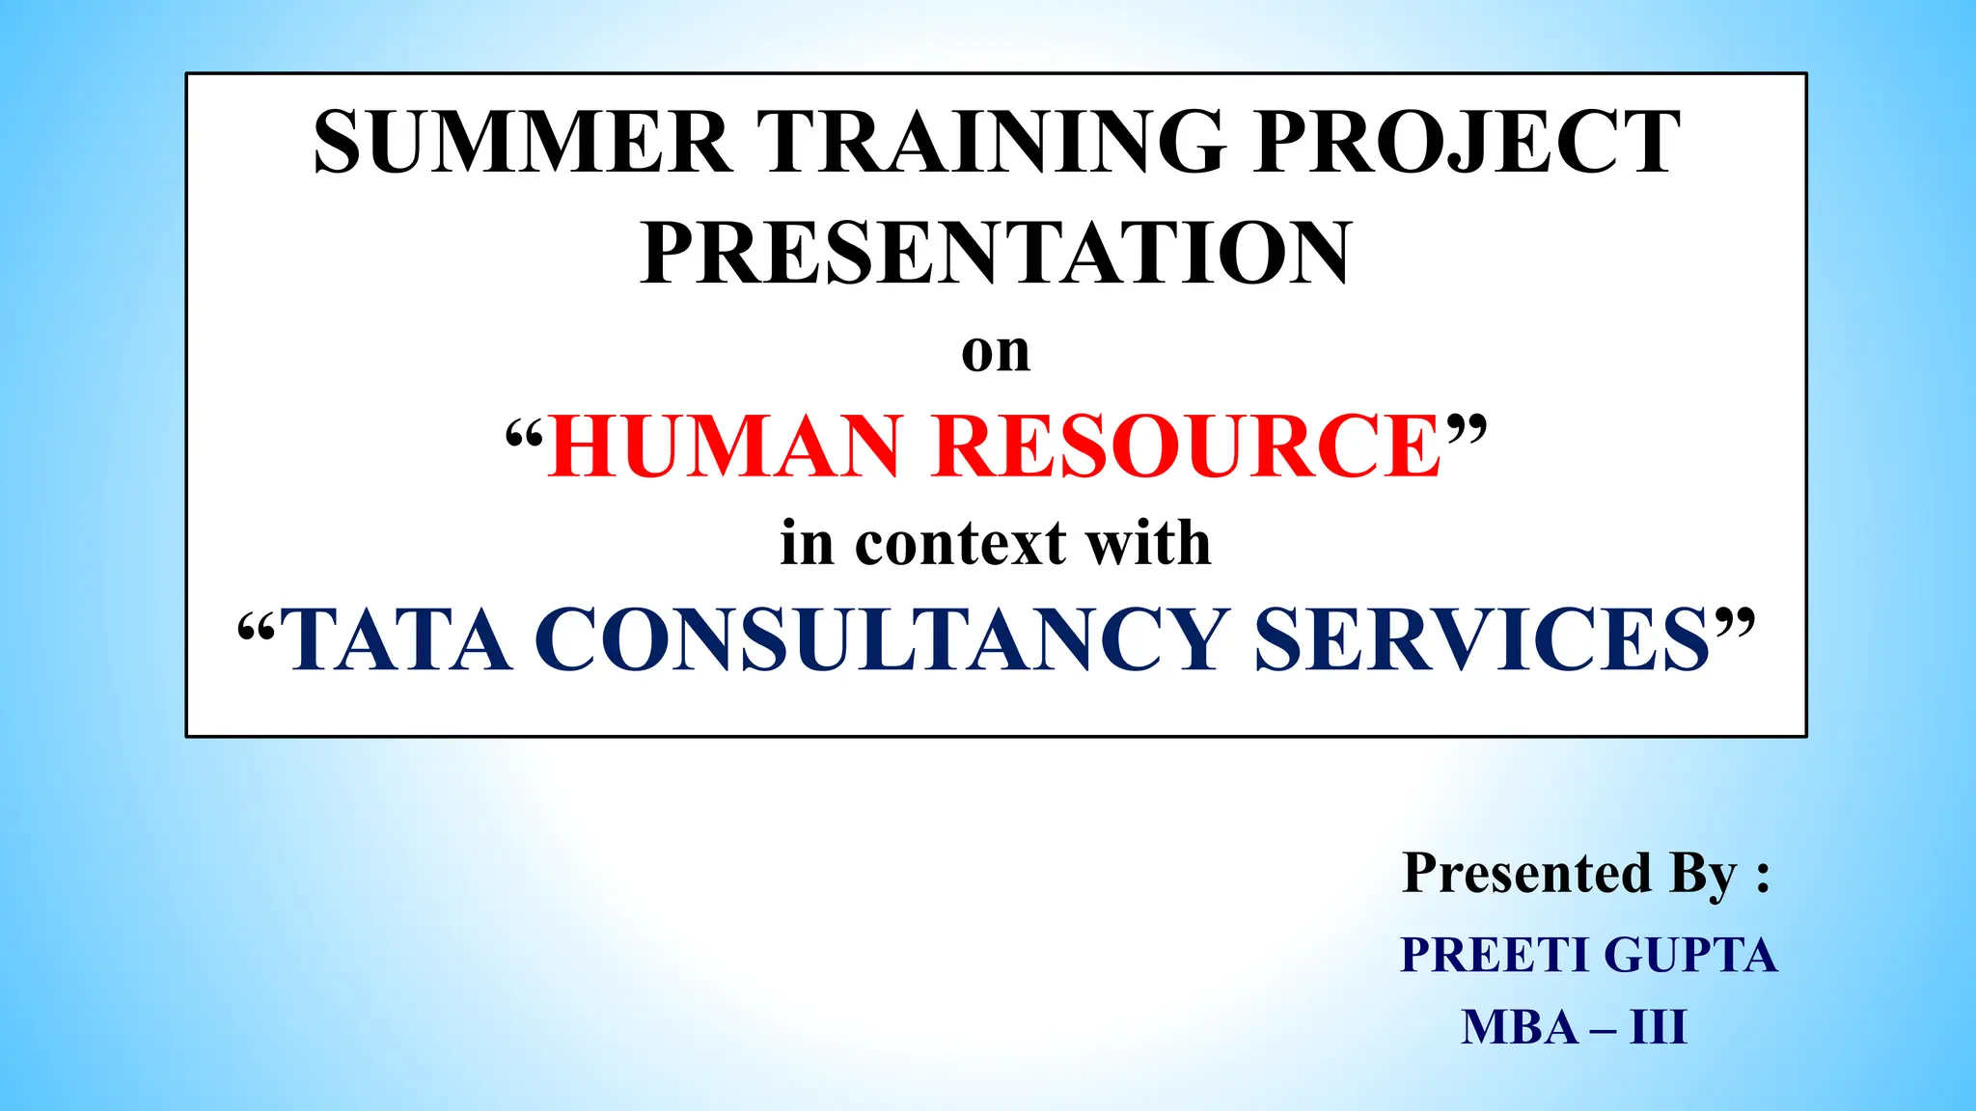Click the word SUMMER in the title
(x=523, y=143)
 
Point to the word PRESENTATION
(x=996, y=253)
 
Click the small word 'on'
(x=996, y=352)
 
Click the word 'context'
(x=960, y=543)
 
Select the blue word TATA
(x=398, y=639)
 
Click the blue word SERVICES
(x=1482, y=639)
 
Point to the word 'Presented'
(x=1526, y=873)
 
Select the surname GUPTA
(x=1690, y=955)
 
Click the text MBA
(x=1520, y=1027)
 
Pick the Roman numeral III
(x=1659, y=1027)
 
